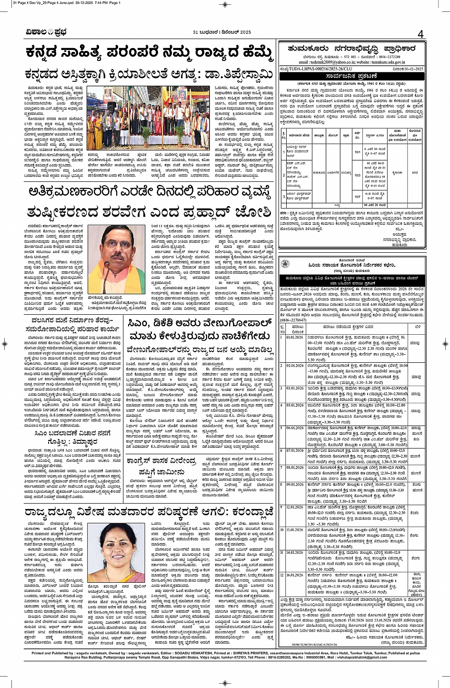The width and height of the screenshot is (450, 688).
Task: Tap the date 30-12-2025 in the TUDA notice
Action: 410,69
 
